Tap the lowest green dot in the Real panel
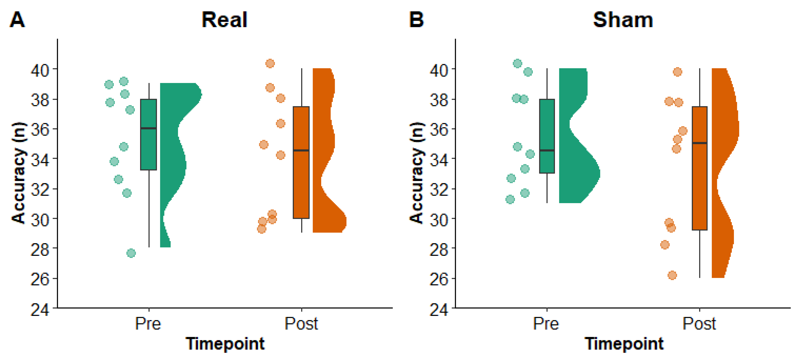click(131, 253)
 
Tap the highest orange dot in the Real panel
click(270, 63)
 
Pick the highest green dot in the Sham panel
click(518, 63)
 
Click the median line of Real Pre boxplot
click(149, 128)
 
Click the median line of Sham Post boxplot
click(700, 143)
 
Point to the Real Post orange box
click(301, 185)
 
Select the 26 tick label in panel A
click(40, 279)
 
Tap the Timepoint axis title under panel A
click(225, 344)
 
